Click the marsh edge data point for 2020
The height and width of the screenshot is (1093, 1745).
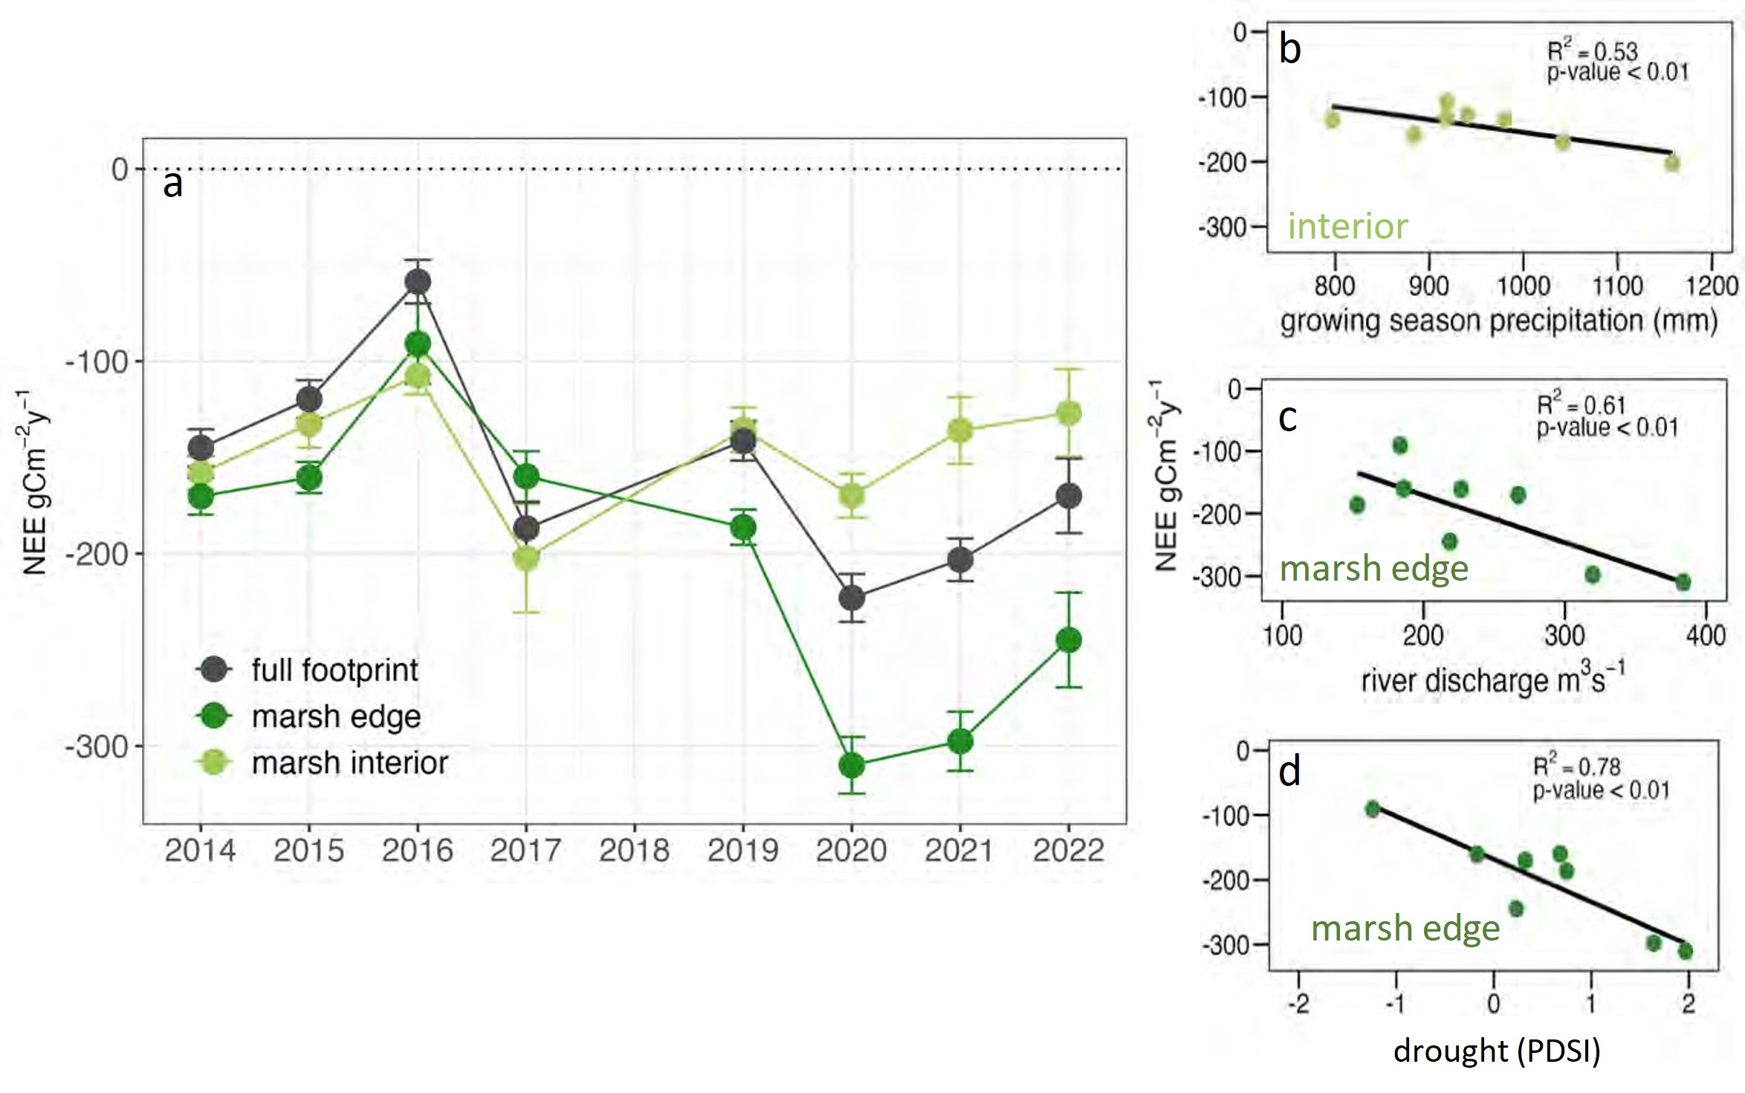click(852, 765)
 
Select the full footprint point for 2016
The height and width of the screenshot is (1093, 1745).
click(418, 282)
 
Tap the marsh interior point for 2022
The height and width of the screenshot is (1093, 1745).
click(1069, 413)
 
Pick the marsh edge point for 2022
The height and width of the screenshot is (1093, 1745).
click(1069, 639)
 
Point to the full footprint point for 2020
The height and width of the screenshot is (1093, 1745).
click(852, 597)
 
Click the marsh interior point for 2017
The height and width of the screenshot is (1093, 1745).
click(526, 558)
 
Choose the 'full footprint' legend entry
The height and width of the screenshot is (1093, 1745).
click(334, 670)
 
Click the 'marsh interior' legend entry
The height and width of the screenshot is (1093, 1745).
click(349, 763)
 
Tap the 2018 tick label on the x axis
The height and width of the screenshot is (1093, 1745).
click(635, 851)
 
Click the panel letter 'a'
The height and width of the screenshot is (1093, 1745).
click(172, 184)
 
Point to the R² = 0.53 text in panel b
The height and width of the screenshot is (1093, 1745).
click(1592, 51)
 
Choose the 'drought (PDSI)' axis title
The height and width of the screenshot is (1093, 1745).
click(1497, 1050)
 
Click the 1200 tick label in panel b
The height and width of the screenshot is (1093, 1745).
click(1712, 286)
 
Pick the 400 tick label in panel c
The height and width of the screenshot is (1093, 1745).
click(1705, 636)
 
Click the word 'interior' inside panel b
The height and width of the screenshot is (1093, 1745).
click(1347, 226)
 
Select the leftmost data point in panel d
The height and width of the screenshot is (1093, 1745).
click(1373, 809)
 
